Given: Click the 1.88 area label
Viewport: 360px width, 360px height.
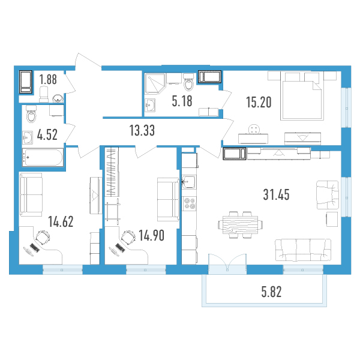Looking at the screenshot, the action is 48,79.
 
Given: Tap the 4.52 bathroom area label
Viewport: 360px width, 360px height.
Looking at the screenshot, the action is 47,134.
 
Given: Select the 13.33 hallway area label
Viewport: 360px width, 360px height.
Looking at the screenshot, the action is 142,130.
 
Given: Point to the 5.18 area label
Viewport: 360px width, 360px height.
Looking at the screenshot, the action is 182,101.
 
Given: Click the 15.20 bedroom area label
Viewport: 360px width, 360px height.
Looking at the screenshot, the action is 259,102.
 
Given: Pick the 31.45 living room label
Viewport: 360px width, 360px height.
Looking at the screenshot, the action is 276,194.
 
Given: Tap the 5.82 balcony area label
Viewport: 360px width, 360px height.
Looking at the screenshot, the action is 271,292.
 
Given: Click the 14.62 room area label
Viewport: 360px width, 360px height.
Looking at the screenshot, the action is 61,221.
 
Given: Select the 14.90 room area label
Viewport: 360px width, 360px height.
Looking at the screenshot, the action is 152,236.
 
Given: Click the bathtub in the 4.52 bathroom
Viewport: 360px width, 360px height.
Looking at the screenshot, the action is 43,157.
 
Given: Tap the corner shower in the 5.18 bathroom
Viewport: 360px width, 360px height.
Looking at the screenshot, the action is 155,83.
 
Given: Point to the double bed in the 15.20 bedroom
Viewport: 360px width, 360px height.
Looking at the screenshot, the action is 302,96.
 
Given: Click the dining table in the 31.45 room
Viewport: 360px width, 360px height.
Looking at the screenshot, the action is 241,225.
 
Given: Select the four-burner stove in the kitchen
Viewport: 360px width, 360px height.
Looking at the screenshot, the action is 190,203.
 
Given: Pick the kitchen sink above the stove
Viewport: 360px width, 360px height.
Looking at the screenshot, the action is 189,182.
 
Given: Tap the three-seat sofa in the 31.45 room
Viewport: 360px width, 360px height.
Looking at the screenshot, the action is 303,250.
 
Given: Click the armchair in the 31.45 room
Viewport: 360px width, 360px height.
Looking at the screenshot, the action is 328,195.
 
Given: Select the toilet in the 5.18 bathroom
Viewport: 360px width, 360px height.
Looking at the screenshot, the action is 189,83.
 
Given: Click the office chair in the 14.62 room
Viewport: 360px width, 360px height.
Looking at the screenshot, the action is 43,238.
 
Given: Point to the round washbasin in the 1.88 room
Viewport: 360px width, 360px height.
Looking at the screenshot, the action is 58,98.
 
